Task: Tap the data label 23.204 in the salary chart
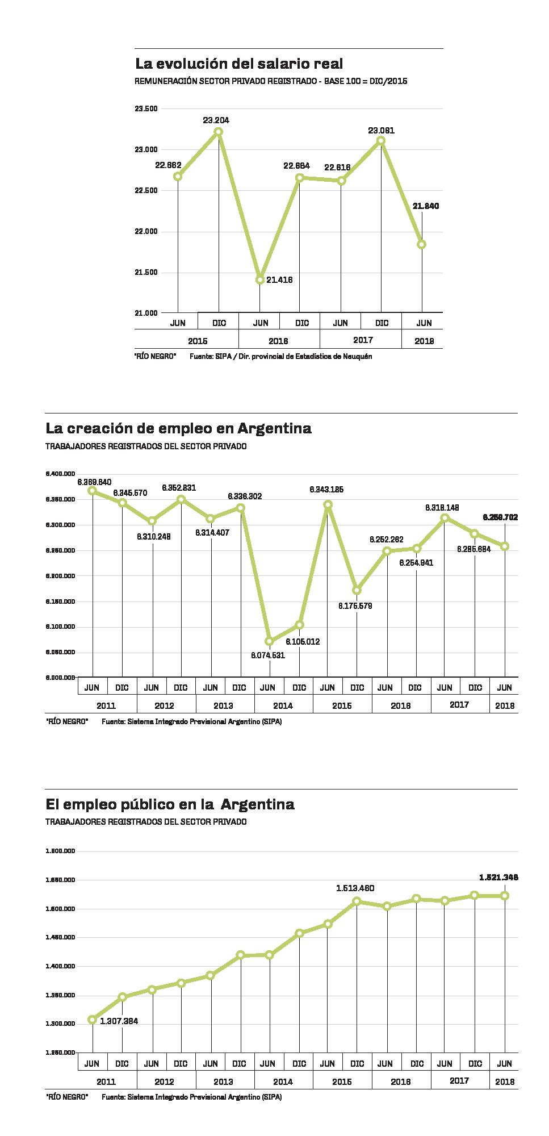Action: (216, 120)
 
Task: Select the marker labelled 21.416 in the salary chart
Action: (260, 279)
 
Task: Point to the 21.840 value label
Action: (425, 206)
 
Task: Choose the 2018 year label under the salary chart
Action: (424, 341)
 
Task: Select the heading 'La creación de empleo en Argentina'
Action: (178, 428)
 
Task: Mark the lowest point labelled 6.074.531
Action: (270, 641)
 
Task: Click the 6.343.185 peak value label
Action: (326, 489)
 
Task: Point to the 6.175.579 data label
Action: (355, 606)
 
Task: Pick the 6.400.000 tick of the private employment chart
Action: (60, 473)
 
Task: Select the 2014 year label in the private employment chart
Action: (283, 705)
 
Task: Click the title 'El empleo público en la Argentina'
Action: (170, 804)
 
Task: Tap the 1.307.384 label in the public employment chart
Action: (119, 1021)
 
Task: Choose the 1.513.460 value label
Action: (355, 888)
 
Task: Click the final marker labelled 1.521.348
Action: (505, 896)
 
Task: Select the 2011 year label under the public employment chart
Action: (106, 1081)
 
